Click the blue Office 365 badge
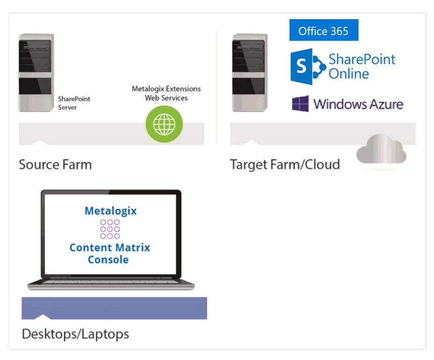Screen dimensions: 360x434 coord(324,30)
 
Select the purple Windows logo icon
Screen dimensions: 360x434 coord(300,104)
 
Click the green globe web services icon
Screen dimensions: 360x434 coord(164,124)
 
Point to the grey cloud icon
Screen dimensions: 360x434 coord(381,151)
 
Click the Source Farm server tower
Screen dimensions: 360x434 coord(36,72)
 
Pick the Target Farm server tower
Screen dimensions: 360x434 coord(250,72)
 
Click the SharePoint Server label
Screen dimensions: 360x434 coord(74,103)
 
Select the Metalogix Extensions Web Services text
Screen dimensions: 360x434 coord(166,93)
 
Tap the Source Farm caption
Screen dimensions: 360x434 coord(55,165)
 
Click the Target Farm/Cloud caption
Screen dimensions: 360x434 coord(285,165)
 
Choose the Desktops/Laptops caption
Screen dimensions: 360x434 coord(75,334)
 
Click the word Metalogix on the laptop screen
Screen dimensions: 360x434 coord(110,211)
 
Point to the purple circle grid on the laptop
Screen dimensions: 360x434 coord(110,229)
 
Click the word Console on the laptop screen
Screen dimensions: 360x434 coord(108,259)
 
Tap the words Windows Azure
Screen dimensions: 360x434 coord(358,104)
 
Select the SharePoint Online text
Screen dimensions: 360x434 coord(362,66)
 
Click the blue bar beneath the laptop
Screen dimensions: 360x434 coord(114,309)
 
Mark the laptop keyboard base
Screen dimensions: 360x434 coord(110,283)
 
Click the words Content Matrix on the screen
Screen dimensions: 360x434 coord(110,247)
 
